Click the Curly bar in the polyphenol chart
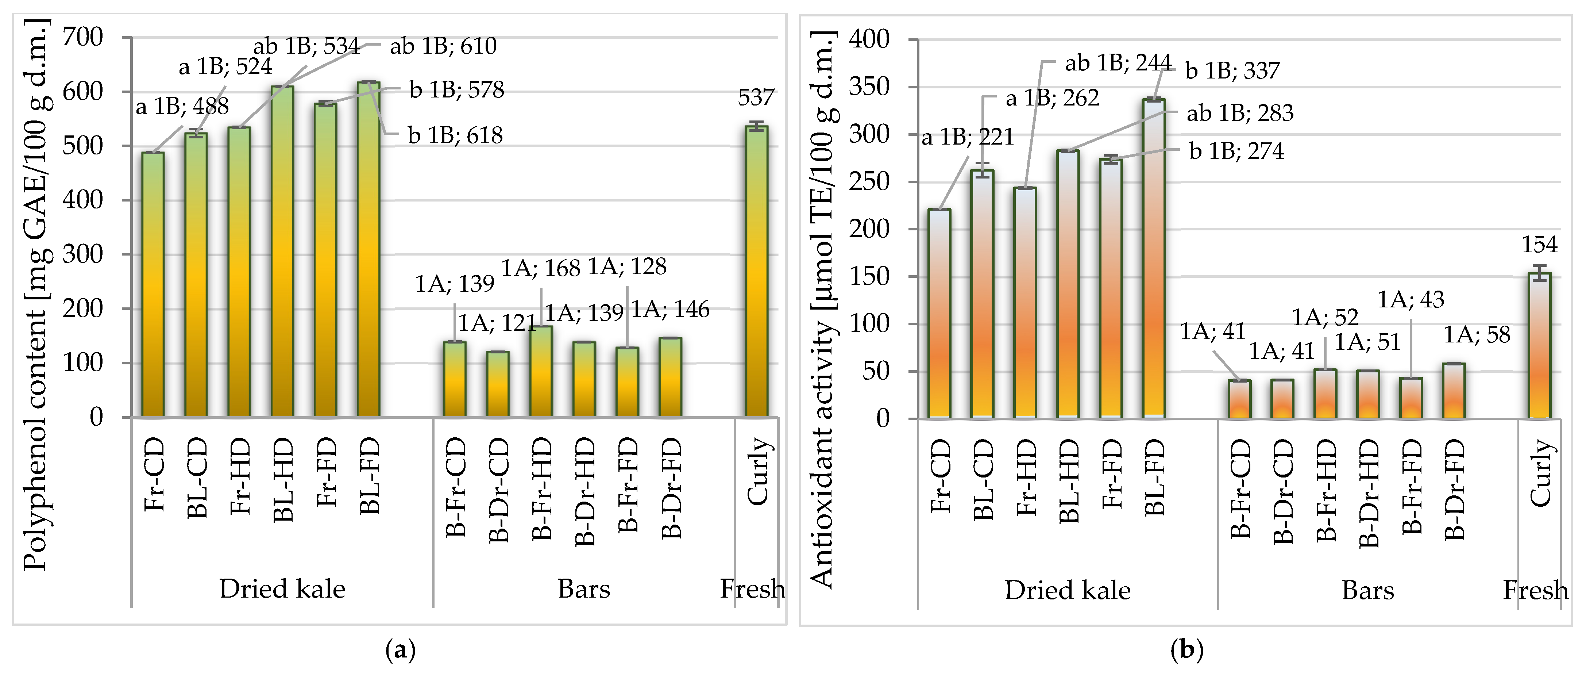pyautogui.click(x=756, y=272)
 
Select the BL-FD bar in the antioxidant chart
pyautogui.click(x=1154, y=259)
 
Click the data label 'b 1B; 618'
pyautogui.click(x=456, y=135)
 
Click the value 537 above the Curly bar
pyautogui.click(x=756, y=97)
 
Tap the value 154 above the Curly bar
pyautogui.click(x=1540, y=245)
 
